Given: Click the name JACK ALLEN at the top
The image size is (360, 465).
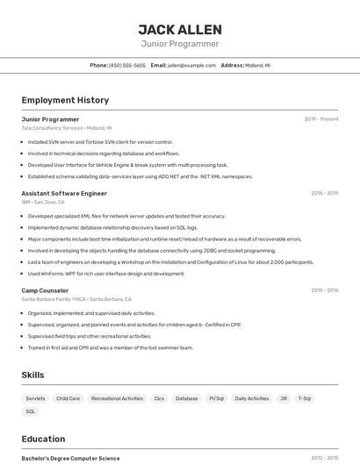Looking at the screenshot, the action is [x=180, y=29].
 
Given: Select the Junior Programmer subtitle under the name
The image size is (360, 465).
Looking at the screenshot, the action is [x=180, y=44].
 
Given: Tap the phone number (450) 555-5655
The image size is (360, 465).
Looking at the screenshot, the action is [x=127, y=65].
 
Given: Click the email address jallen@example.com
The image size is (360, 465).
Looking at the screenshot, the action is [x=191, y=65].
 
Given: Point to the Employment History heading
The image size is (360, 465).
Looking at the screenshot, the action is [x=65, y=100].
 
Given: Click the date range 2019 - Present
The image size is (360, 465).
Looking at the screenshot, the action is [x=321, y=118].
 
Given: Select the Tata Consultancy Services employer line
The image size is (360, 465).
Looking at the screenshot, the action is [x=61, y=128].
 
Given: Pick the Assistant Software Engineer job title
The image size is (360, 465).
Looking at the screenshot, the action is [x=64, y=193].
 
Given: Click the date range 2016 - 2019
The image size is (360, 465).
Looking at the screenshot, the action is [x=324, y=193].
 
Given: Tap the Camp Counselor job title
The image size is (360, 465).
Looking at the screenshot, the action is [x=45, y=290].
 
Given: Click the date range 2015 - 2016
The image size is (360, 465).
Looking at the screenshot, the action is [x=324, y=290].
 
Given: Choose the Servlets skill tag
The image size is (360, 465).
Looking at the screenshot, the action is [x=35, y=398].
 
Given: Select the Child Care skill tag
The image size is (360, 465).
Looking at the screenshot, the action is [x=68, y=398].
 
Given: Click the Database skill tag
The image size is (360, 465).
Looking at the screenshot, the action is [x=186, y=398].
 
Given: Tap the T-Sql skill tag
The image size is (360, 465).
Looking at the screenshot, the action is [x=305, y=398].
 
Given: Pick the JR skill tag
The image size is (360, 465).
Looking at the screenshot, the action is [x=284, y=398].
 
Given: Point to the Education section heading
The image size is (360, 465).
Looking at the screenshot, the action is [x=43, y=439].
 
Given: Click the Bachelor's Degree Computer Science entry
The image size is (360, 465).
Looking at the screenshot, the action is [x=70, y=458].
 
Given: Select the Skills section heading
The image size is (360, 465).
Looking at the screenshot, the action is [x=32, y=375].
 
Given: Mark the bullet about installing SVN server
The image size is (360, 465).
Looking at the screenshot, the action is [x=100, y=141].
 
